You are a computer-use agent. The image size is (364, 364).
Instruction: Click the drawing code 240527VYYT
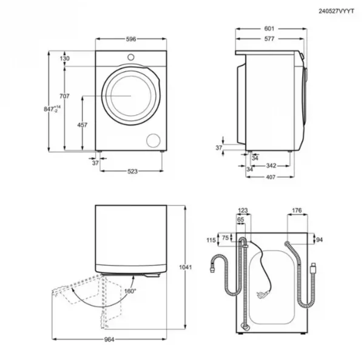336,11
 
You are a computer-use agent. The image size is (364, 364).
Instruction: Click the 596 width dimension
131,39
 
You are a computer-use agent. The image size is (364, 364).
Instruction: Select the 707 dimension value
64,96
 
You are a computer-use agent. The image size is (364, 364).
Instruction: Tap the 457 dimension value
82,125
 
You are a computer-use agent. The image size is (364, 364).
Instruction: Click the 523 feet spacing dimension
132,171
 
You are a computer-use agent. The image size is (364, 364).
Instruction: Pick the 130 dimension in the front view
64,58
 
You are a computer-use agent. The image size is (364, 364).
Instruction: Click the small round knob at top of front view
131,57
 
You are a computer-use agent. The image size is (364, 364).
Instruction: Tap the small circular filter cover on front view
153,141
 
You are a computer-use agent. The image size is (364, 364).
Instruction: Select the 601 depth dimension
269,29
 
